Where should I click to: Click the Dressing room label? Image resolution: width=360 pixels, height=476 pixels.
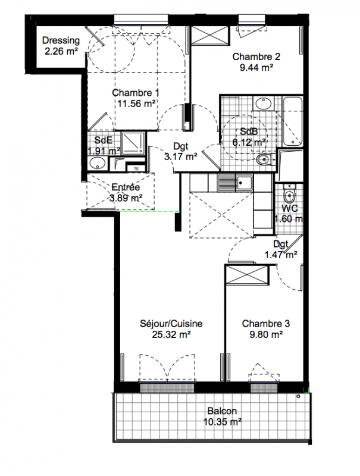[x=61, y=40]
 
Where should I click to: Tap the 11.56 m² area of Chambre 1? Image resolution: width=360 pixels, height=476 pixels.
[x=136, y=104]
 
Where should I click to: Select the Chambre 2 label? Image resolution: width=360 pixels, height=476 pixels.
[x=256, y=57]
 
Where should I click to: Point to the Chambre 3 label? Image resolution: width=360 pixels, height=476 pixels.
[x=266, y=324]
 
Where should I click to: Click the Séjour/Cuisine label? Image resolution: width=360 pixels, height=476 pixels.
[x=171, y=324]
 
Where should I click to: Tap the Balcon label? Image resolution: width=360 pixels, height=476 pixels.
[x=222, y=411]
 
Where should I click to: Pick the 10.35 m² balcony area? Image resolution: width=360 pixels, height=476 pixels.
[x=223, y=422]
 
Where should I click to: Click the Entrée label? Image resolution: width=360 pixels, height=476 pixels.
[x=126, y=187]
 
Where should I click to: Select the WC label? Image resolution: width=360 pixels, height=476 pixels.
[x=290, y=209]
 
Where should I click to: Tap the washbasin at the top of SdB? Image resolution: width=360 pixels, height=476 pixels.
[x=264, y=104]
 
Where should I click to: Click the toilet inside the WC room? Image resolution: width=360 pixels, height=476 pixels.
[x=289, y=193]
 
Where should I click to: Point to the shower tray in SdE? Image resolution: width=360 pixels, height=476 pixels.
[x=133, y=143]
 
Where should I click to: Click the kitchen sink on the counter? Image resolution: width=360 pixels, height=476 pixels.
[x=234, y=183]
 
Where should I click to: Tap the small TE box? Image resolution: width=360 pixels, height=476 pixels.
[x=136, y=169]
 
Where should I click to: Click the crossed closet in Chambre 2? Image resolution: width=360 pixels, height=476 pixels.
[x=209, y=36]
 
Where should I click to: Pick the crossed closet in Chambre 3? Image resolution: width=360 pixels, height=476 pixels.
[x=248, y=275]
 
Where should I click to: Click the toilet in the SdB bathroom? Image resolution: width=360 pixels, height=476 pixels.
[x=264, y=159]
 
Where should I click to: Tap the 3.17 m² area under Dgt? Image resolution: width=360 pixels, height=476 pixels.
[x=181, y=156]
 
